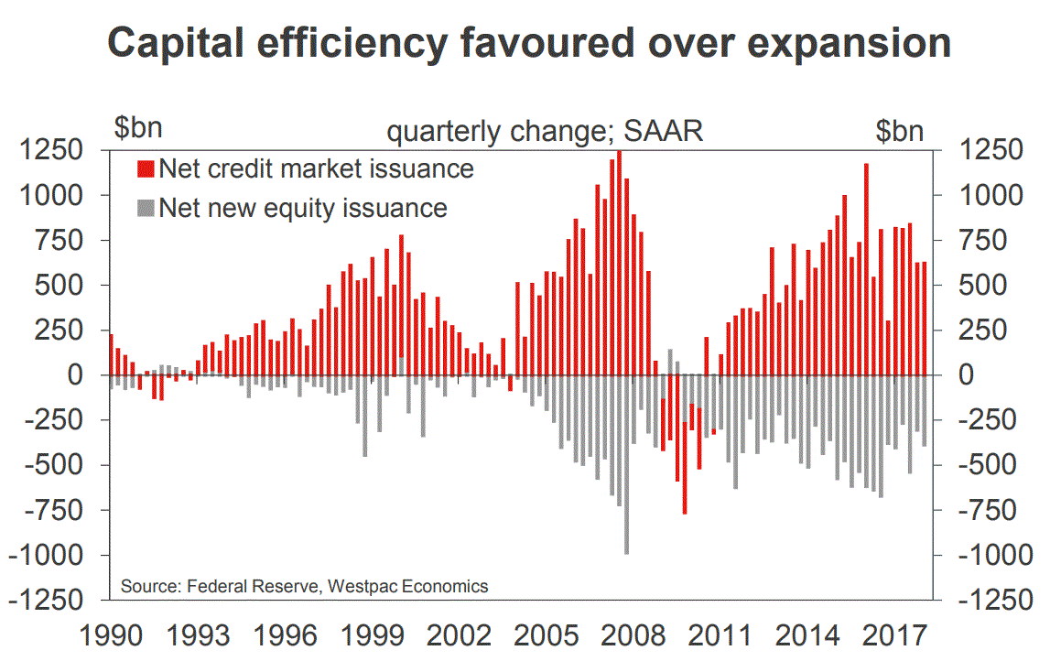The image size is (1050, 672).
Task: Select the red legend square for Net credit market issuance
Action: click(x=145, y=168)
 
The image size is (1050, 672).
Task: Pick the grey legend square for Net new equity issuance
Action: click(x=145, y=208)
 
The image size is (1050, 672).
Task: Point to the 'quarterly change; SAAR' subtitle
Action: click(x=545, y=131)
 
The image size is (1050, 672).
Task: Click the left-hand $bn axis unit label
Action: click(x=136, y=130)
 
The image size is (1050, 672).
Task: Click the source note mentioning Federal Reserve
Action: click(x=304, y=586)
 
